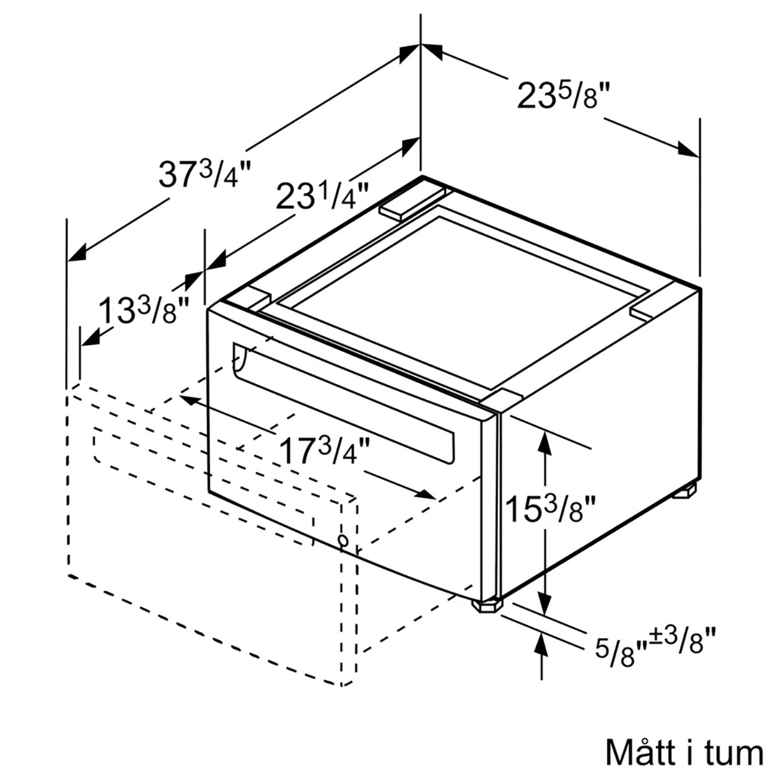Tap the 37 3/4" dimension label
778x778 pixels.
point(205,173)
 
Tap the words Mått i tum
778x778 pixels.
point(684,752)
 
